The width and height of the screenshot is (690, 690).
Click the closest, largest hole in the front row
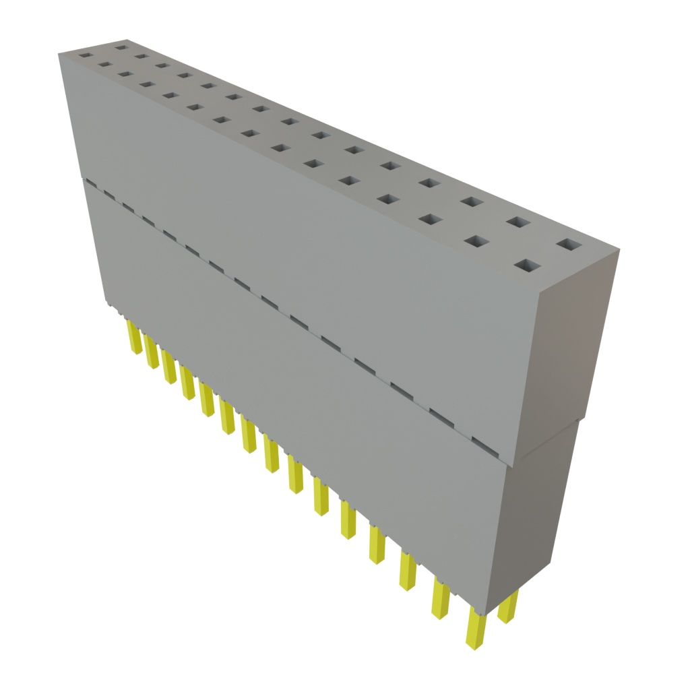526,266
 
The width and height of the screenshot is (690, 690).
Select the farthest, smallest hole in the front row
84,54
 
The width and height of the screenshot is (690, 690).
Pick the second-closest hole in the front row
476,242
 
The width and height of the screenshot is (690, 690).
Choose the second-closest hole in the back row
517,222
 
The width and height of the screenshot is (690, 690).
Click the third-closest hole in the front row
429,219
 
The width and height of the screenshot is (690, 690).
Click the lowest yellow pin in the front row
475,631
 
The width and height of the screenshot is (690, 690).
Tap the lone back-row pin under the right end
508,606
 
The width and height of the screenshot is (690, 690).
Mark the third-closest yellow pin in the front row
408,570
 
